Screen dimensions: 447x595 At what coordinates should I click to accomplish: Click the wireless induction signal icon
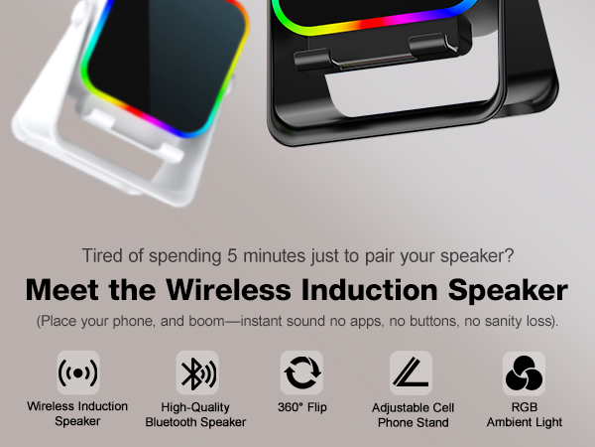click(78, 372)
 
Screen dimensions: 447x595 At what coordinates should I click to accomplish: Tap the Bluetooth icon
click(195, 372)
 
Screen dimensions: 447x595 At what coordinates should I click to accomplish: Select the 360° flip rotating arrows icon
click(301, 372)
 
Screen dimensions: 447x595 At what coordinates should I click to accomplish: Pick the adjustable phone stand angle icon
click(411, 372)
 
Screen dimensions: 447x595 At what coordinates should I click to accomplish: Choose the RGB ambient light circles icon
click(524, 372)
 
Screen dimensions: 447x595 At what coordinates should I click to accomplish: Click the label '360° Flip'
click(301, 407)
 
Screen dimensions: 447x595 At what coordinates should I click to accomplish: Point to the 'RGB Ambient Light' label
click(524, 414)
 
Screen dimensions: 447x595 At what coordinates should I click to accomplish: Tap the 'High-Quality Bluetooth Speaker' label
click(195, 414)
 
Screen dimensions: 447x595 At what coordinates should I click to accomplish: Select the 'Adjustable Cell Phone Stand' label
click(411, 414)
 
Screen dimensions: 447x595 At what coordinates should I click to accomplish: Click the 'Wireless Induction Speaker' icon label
click(78, 414)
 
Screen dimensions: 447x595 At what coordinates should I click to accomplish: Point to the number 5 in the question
click(238, 255)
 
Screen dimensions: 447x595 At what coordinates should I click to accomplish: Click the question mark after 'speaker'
click(509, 255)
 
